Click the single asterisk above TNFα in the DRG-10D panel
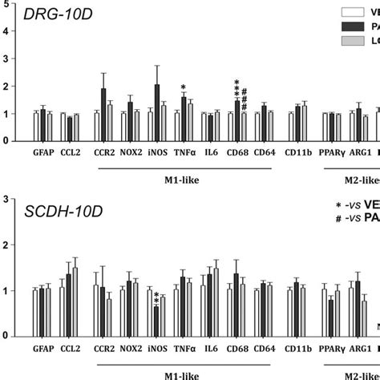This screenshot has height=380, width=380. click(x=184, y=88)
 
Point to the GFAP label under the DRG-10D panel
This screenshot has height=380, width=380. click(x=43, y=151)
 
